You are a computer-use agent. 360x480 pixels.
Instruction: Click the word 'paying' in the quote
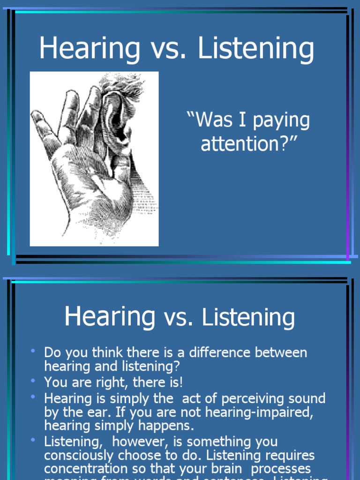(x=281, y=121)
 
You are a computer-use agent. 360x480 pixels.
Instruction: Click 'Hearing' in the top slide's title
(x=90, y=48)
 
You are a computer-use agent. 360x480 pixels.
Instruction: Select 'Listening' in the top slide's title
(x=256, y=48)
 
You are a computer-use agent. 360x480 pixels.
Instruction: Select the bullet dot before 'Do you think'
(x=33, y=350)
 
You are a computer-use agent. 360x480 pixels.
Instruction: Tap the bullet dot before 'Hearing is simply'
(x=33, y=397)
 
